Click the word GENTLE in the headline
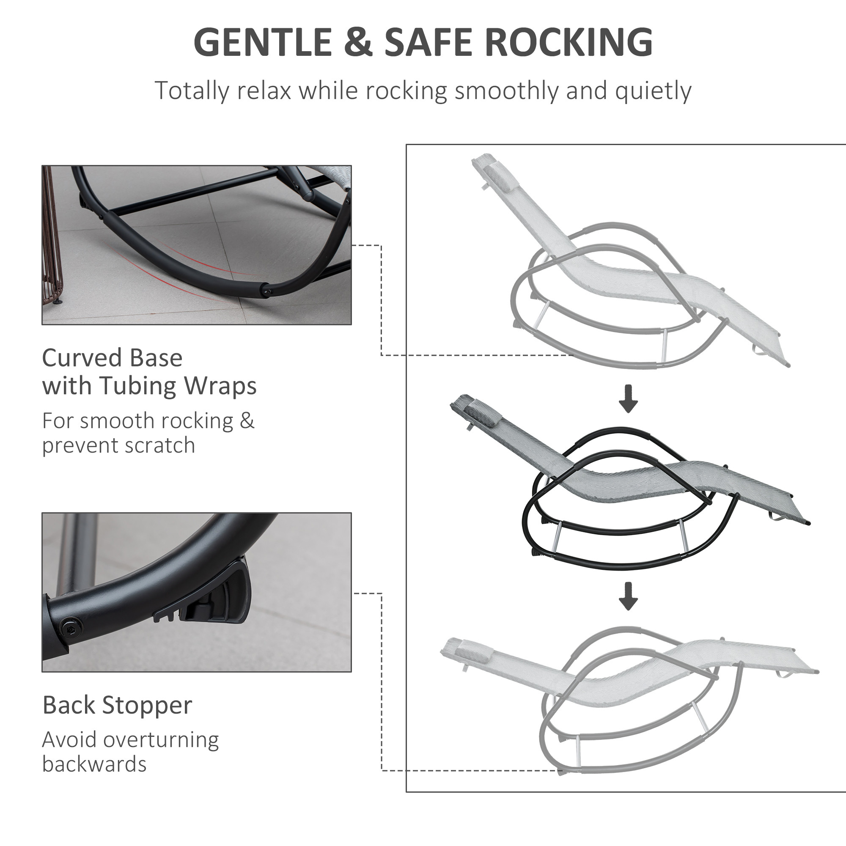pyautogui.click(x=262, y=42)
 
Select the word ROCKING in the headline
pyautogui.click(x=569, y=42)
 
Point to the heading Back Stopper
pyautogui.click(x=117, y=705)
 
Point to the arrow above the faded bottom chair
pyautogui.click(x=628, y=596)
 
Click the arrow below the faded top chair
pyautogui.click(x=628, y=398)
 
